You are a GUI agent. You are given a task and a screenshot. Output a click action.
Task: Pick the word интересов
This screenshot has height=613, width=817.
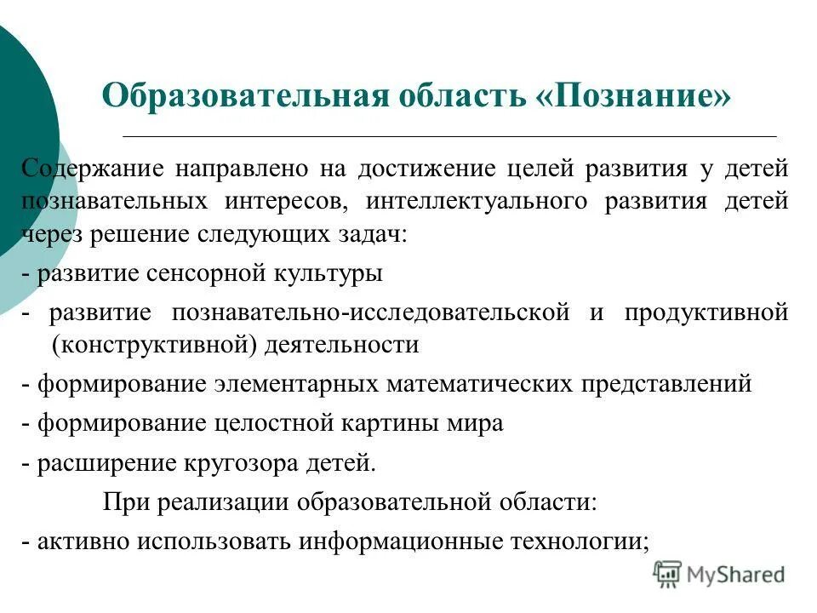click(x=287, y=202)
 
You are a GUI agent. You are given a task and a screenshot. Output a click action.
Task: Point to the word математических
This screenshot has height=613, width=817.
click(x=479, y=383)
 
